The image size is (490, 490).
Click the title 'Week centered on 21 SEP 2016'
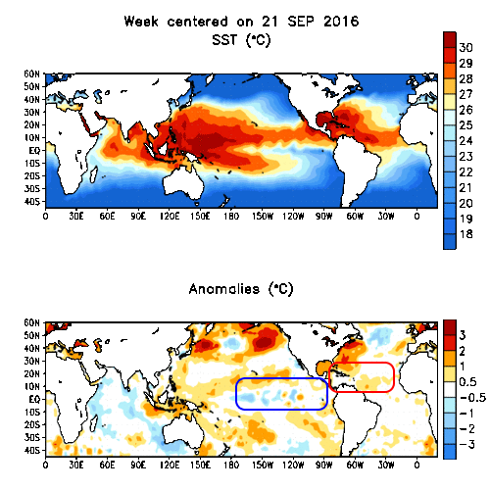tap(239, 21)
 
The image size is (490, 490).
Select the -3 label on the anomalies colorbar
tap(467, 445)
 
